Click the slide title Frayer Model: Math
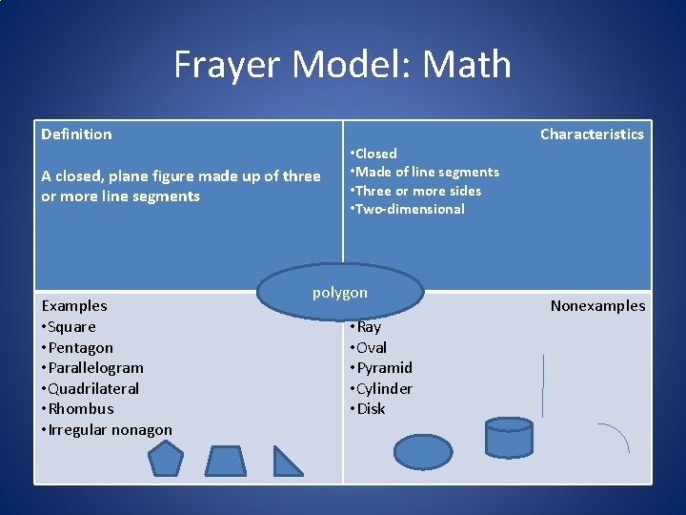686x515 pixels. click(342, 65)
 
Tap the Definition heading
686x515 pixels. click(76, 134)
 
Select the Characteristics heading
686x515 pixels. click(592, 134)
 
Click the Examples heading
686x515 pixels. click(74, 306)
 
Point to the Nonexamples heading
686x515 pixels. click(597, 306)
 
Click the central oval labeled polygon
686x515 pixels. click(340, 292)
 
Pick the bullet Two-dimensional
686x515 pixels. click(409, 209)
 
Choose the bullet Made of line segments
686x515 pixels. click(426, 172)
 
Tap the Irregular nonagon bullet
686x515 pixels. click(107, 430)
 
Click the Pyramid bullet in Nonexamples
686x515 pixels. click(382, 368)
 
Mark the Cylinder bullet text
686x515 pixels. click(382, 389)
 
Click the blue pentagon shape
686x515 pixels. click(166, 460)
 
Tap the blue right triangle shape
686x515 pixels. click(286, 462)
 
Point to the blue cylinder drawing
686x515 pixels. click(508, 438)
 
